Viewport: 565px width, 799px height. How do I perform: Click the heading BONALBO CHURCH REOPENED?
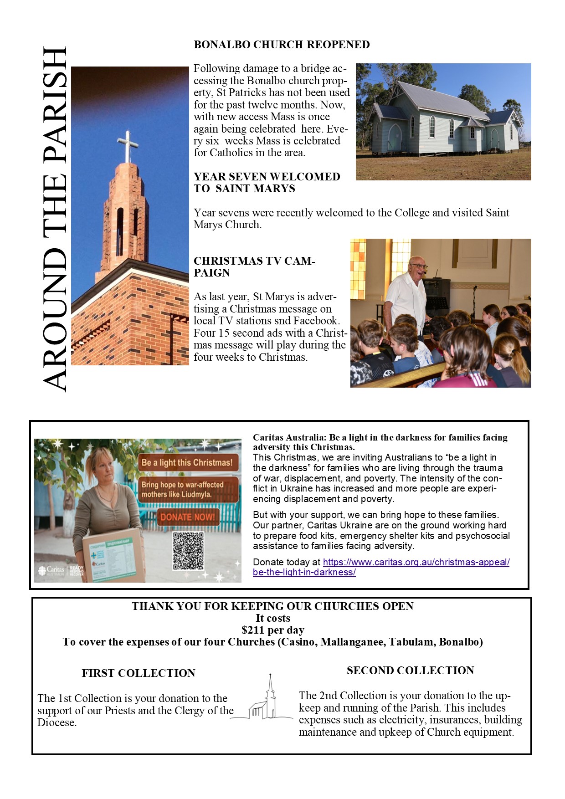(x=282, y=45)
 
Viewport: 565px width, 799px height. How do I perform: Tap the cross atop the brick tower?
(x=128, y=145)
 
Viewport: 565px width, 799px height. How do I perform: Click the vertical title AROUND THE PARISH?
(x=56, y=219)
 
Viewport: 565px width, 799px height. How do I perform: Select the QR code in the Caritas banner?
(x=188, y=551)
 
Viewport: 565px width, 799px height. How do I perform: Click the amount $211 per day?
(x=272, y=630)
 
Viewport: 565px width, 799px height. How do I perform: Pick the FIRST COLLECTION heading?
(x=139, y=673)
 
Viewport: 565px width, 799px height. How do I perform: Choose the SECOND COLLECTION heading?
(x=410, y=671)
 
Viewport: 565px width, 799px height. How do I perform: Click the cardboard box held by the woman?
(x=114, y=558)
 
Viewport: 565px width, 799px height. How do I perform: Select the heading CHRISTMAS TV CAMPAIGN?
(x=254, y=267)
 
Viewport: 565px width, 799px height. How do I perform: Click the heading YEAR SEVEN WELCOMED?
(x=267, y=183)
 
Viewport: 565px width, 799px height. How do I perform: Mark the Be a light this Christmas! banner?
(x=187, y=463)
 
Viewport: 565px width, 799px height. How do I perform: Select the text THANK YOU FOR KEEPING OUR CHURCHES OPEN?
(x=272, y=606)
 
